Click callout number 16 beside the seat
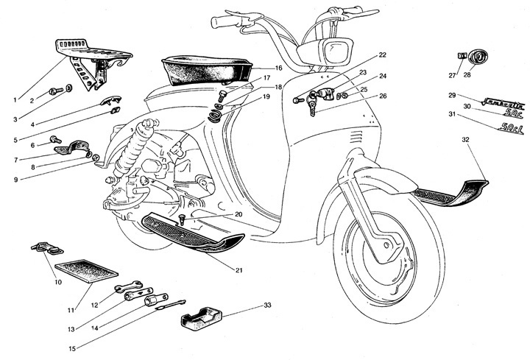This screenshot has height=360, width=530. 258,68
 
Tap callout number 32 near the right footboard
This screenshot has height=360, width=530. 464,138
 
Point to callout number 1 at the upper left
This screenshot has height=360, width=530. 14,99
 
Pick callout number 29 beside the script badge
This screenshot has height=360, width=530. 453,95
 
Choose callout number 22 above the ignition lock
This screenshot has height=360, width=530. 383,55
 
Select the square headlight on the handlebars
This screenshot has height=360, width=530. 335,52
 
